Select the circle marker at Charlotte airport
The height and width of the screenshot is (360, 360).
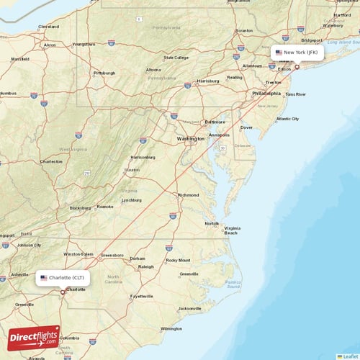tap(63, 292)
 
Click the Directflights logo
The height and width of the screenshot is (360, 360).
tap(34, 337)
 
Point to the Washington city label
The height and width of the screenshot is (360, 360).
tap(191, 138)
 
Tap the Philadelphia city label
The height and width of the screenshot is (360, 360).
tap(266, 94)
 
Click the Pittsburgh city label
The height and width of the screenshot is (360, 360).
tap(104, 73)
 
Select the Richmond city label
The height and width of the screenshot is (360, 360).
tap(189, 194)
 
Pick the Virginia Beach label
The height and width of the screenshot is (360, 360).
tap(232, 230)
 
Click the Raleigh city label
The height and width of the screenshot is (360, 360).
tap(146, 266)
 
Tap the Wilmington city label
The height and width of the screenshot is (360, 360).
tap(171, 328)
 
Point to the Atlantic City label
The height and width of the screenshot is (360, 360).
tap(288, 119)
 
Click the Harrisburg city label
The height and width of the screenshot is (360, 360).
tap(208, 81)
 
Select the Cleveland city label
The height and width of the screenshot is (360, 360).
tap(48, 27)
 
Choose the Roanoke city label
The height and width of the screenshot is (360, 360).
tap(105, 207)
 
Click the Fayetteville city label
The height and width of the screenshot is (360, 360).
tap(142, 296)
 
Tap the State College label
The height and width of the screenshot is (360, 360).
tap(176, 58)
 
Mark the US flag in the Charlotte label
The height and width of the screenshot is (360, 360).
tap(43, 277)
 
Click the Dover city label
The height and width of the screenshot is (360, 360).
tap(246, 127)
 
